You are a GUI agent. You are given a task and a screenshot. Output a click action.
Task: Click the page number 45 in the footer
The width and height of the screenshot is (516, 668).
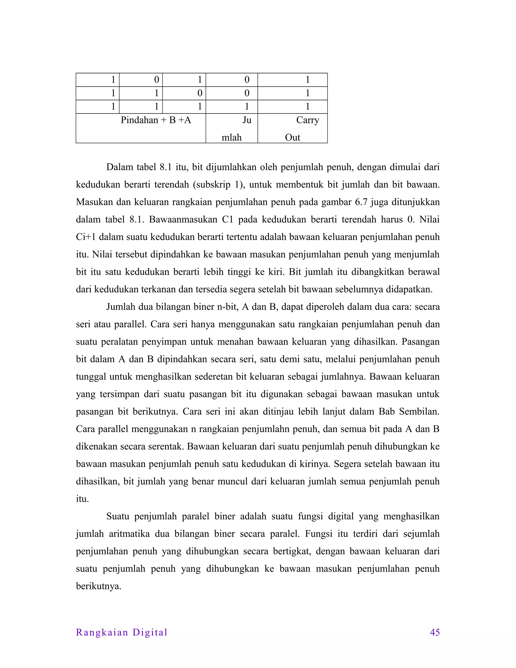pos(434,632)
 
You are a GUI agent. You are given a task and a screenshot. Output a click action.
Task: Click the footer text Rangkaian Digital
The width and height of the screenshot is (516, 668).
pos(122,632)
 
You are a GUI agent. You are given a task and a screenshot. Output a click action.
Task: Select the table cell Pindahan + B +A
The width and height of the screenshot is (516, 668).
pos(156,120)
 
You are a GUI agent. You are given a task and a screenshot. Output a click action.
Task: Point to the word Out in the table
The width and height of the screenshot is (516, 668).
pos(292,137)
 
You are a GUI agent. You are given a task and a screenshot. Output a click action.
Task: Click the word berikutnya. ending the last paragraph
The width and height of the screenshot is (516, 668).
pos(99,586)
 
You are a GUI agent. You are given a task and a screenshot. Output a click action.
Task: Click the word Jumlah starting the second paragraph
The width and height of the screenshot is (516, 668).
pos(120,307)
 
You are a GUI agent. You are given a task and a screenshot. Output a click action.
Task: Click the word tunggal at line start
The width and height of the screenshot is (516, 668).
pos(90,377)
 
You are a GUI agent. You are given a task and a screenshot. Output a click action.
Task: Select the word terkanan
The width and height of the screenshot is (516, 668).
pos(158,289)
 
